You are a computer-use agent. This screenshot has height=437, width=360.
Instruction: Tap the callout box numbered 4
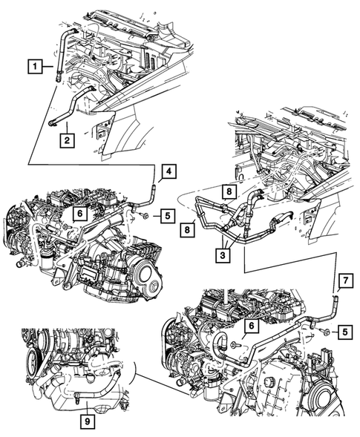coord(170,172)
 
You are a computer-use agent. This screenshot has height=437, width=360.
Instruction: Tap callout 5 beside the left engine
coord(168,216)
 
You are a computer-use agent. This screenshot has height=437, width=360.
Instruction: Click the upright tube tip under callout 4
coord(155,190)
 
